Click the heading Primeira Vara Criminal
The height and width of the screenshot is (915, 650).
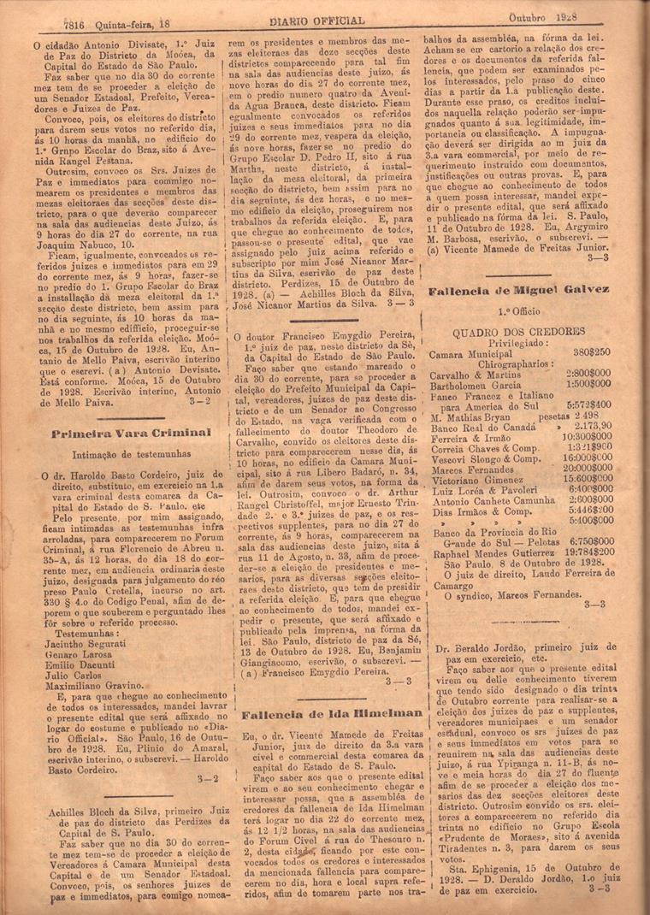pos(119,433)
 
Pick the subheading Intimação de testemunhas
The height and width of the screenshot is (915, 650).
pos(119,455)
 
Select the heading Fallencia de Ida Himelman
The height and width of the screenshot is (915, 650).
pos(332,712)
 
